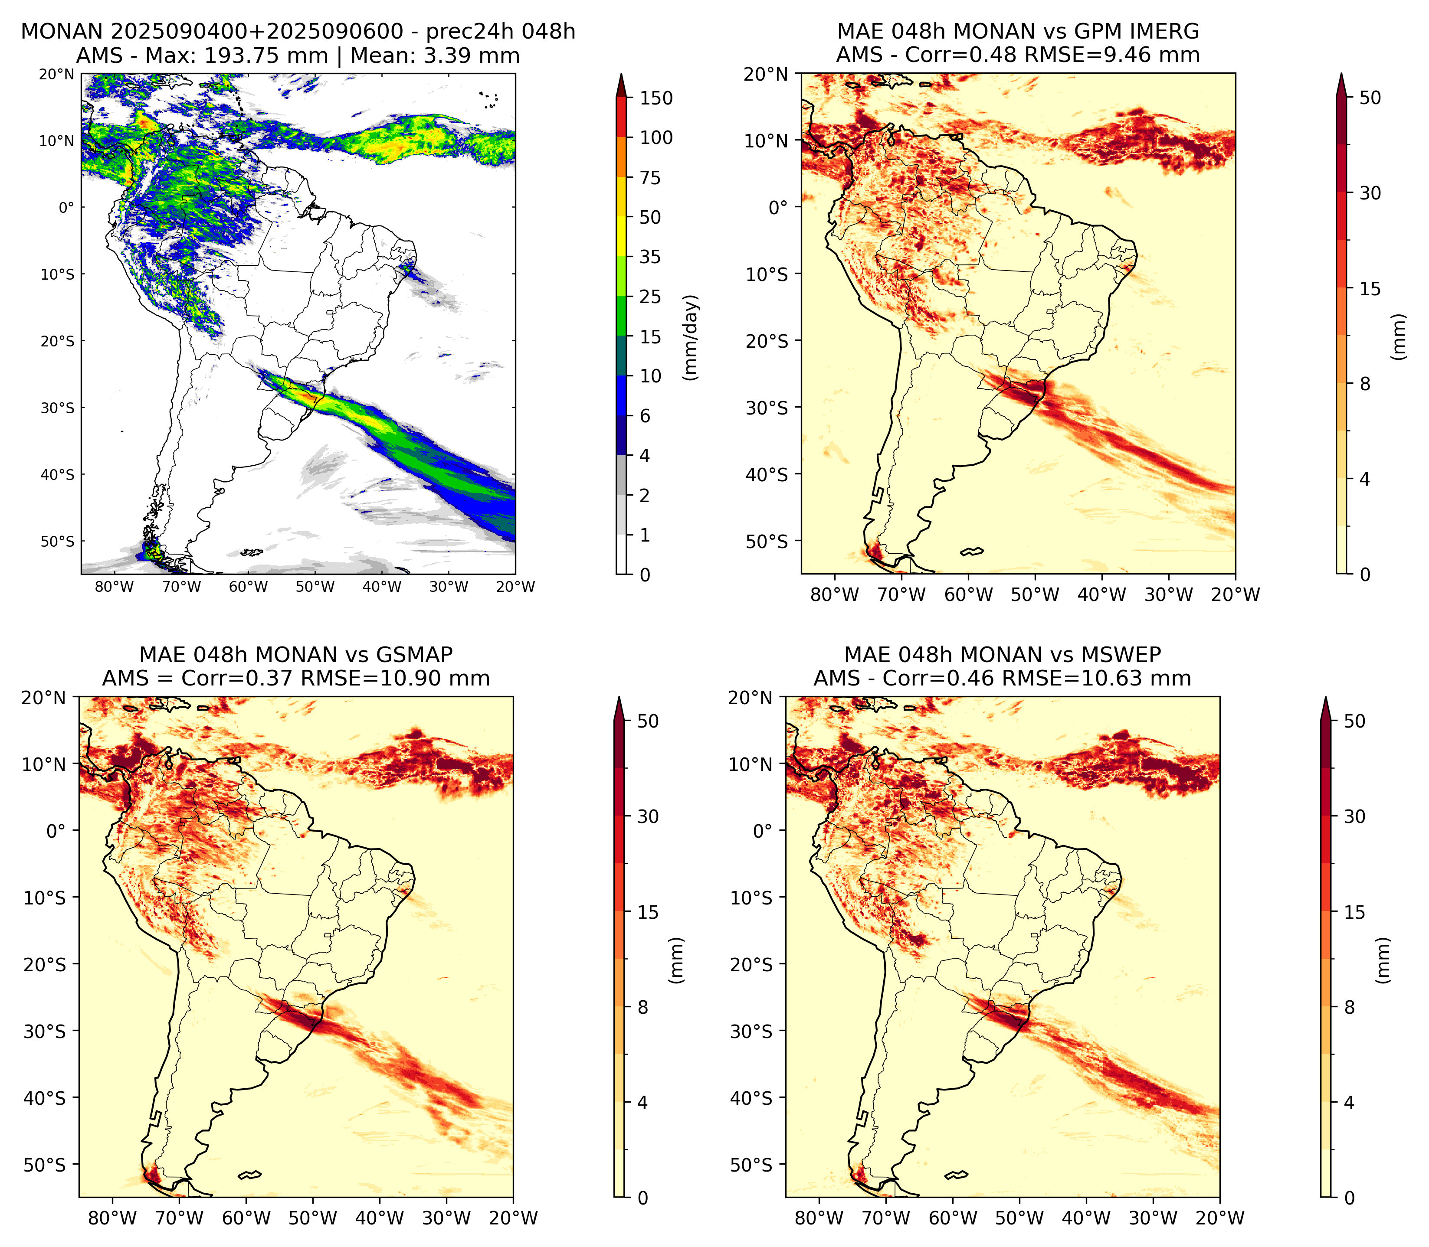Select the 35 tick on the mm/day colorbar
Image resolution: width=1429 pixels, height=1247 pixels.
[x=650, y=257]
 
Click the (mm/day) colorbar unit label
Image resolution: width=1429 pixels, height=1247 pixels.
[x=691, y=337]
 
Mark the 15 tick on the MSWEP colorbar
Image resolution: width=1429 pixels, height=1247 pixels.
[x=1354, y=911]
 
